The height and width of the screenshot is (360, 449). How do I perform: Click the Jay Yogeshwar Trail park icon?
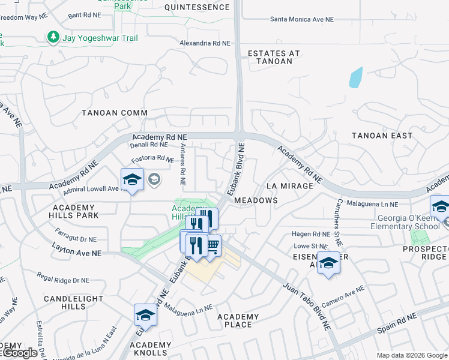[x=53, y=38]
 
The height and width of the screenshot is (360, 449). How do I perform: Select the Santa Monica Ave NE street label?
[x=301, y=19]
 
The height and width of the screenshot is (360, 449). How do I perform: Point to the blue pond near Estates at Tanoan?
[x=356, y=77]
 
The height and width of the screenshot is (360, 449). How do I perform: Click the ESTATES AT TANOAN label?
[x=274, y=57]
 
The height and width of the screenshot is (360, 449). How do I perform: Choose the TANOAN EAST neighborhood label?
[x=382, y=136]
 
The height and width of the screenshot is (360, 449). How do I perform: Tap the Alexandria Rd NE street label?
[x=205, y=43]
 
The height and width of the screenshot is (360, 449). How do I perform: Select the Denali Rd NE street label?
[x=149, y=145]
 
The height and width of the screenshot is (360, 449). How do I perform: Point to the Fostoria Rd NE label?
[x=152, y=158]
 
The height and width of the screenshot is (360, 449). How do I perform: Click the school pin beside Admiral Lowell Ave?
[x=132, y=179]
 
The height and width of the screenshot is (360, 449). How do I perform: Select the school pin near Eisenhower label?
[x=328, y=263]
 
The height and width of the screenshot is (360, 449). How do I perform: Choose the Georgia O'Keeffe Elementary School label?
[x=396, y=223]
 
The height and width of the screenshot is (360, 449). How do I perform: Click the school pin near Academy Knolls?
[x=145, y=314]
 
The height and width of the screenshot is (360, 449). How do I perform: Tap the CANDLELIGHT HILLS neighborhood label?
[x=65, y=302]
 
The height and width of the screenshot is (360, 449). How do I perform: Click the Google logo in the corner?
[x=19, y=353]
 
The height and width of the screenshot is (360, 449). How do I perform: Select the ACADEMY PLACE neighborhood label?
[x=238, y=320]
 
